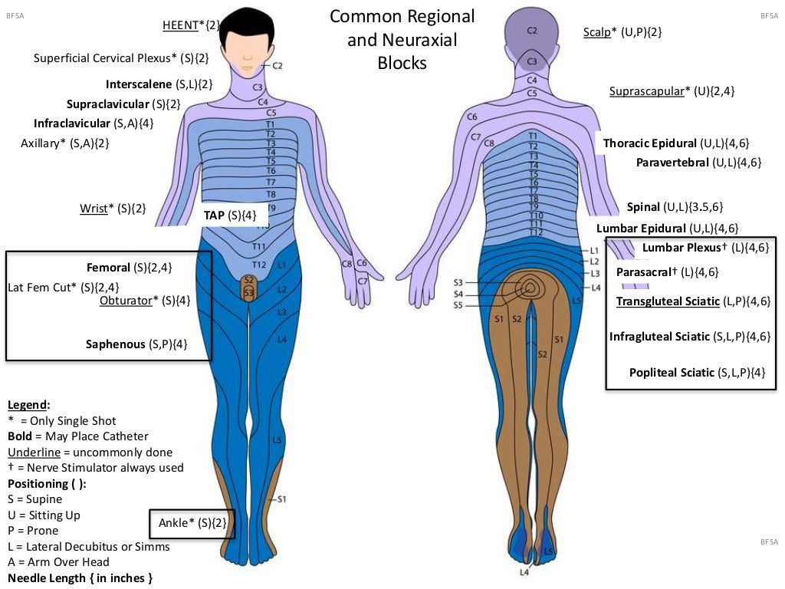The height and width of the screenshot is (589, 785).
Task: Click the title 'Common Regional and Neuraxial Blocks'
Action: (x=402, y=39)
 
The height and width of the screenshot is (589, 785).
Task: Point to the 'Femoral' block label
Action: (x=108, y=268)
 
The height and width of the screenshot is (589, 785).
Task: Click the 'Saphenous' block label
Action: (x=115, y=344)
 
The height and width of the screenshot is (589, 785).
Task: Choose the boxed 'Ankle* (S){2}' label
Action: (x=192, y=524)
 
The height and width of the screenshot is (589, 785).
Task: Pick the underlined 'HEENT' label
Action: (x=180, y=25)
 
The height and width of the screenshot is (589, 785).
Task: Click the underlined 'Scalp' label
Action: (x=596, y=32)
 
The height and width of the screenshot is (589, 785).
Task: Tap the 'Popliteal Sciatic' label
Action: (x=672, y=373)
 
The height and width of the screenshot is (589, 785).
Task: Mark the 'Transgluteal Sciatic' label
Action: (x=668, y=301)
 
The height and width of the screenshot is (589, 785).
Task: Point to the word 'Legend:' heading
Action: (x=28, y=404)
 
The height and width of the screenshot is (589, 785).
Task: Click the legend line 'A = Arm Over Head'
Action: (x=59, y=562)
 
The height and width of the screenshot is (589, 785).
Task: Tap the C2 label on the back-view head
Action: (x=532, y=31)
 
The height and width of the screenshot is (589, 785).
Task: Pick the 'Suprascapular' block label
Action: (x=645, y=91)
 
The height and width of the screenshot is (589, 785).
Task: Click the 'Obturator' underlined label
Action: (x=126, y=301)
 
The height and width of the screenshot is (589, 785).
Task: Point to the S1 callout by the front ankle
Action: (x=281, y=499)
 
